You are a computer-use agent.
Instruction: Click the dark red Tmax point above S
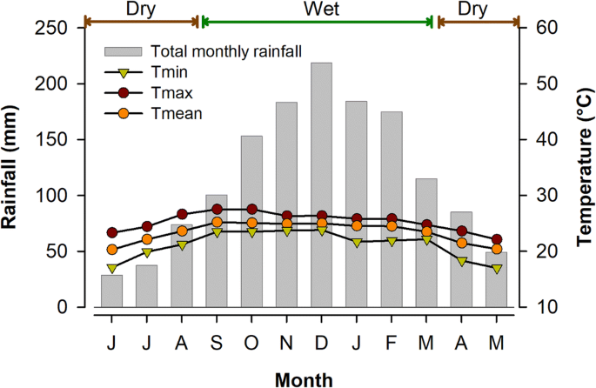pyautogui.click(x=217, y=209)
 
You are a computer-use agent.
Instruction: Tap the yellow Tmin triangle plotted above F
pyautogui.click(x=391, y=241)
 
